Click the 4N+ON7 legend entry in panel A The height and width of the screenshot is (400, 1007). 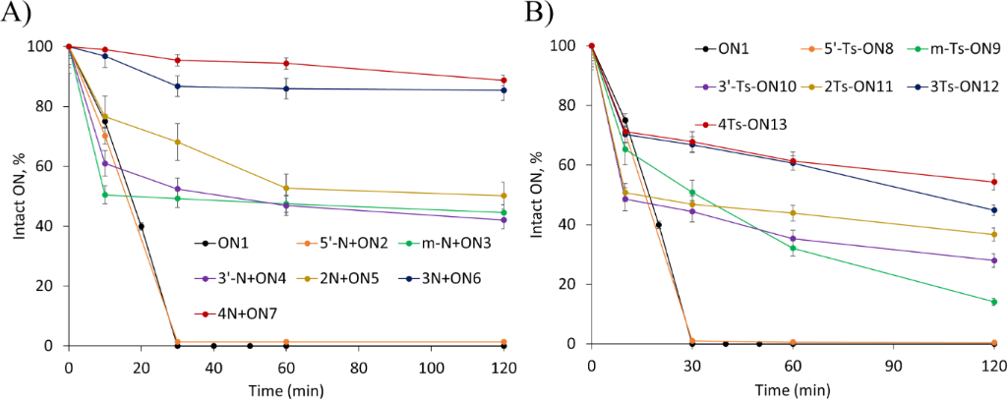coord(223,314)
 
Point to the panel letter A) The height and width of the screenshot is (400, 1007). coord(16,14)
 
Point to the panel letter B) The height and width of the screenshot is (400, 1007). coord(538,14)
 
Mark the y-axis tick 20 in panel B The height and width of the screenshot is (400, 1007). coord(569,284)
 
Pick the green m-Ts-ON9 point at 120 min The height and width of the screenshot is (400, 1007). coord(993,302)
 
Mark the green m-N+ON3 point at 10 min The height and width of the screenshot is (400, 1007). coord(105,195)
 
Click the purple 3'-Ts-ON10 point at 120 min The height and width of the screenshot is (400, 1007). coord(993,260)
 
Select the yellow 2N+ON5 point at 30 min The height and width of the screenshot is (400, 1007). coord(177,142)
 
